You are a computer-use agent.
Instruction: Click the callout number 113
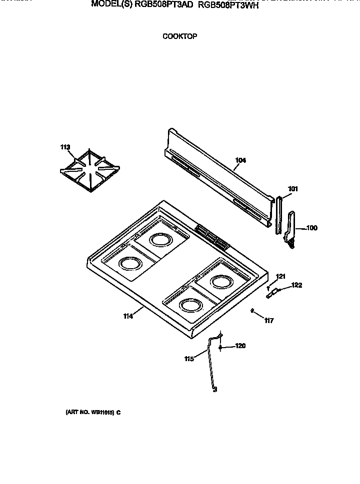click(65, 147)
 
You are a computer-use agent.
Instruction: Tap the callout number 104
click(240, 160)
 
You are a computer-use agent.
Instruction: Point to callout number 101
click(293, 189)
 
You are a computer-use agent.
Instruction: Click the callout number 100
click(311, 228)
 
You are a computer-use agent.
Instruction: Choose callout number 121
click(280, 276)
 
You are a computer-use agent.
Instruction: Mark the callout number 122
click(297, 285)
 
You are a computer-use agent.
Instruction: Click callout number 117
click(269, 320)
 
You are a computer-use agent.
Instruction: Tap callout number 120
click(240, 346)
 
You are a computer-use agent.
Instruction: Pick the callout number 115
click(188, 358)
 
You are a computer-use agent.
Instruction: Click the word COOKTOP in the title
click(179, 36)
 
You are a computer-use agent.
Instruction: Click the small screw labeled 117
click(253, 311)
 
